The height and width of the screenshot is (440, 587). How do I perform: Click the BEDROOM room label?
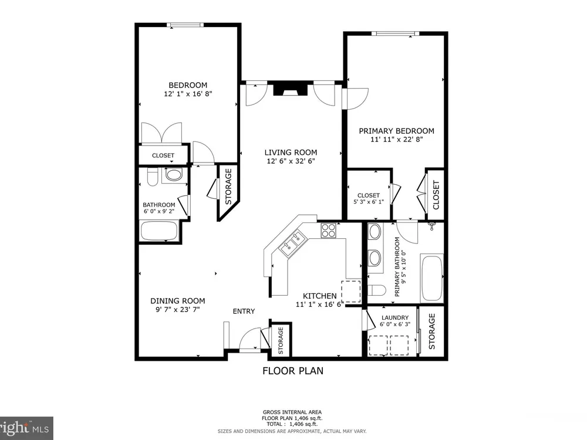(188, 85)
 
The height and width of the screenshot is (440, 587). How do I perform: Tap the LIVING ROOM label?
(291, 153)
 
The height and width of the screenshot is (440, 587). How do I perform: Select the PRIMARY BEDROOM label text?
(396, 131)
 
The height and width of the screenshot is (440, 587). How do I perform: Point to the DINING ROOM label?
(178, 301)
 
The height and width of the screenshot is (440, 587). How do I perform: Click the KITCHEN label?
(320, 296)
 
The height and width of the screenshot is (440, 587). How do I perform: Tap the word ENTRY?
(244, 312)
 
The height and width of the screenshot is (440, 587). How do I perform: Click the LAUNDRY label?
(395, 317)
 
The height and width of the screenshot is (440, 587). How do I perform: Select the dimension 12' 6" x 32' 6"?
(291, 161)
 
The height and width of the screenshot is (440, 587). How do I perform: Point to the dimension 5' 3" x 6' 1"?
(369, 202)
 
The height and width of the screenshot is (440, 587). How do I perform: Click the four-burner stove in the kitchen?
(329, 230)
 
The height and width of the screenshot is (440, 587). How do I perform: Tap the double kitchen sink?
(293, 244)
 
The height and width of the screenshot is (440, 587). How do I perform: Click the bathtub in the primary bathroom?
(431, 278)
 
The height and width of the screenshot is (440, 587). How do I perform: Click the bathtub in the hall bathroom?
(159, 231)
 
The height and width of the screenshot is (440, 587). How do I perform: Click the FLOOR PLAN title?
(293, 371)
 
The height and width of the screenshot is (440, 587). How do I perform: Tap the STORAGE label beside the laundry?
(431, 331)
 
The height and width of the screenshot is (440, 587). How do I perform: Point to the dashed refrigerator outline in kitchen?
(351, 292)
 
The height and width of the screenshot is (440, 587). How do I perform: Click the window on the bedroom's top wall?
(185, 25)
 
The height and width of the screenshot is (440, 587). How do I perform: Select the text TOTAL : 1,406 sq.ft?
(292, 424)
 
